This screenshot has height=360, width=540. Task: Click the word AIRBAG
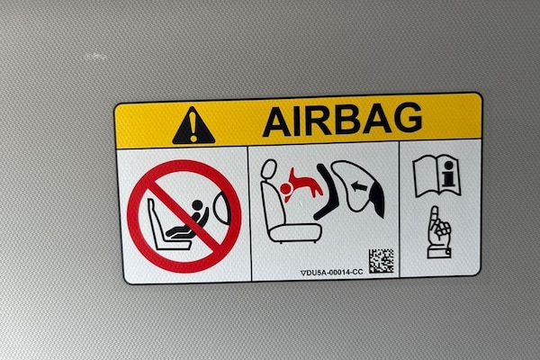(x=342, y=120)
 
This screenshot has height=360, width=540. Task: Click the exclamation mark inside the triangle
(x=193, y=126)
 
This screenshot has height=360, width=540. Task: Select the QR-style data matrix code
(x=382, y=261)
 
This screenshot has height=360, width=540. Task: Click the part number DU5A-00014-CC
(x=335, y=273)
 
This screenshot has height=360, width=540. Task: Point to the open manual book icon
(x=436, y=175)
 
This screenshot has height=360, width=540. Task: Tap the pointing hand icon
(x=439, y=232)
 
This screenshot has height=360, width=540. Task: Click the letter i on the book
(x=448, y=174)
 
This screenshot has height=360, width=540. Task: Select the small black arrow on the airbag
(x=358, y=187)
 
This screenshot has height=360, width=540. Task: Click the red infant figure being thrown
(x=300, y=185)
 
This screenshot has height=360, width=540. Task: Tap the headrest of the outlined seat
(x=268, y=170)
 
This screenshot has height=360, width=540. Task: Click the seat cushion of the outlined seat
(x=295, y=232)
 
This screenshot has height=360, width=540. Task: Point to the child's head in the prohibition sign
(x=197, y=205)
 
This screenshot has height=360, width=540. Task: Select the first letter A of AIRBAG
(x=277, y=122)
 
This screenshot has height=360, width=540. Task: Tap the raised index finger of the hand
(x=434, y=216)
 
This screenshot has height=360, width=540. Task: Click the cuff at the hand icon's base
(x=439, y=253)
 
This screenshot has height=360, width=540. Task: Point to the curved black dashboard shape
(x=326, y=192)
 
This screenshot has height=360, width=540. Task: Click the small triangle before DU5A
(x=303, y=274)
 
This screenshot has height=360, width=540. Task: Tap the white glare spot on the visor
(x=96, y=56)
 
